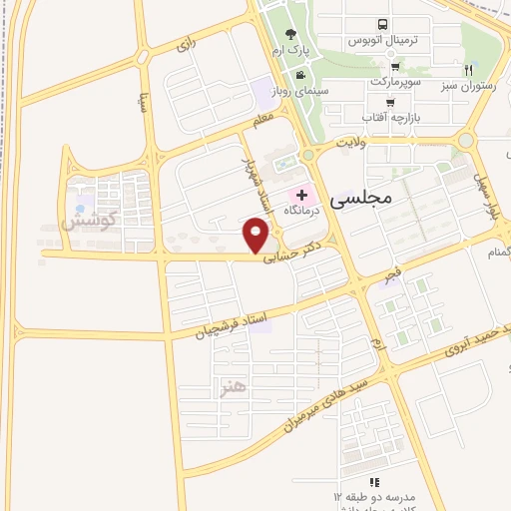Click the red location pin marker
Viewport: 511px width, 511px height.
tap(257, 237)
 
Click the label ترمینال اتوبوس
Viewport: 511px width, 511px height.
tap(380, 41)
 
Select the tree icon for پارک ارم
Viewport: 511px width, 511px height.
tap(290, 35)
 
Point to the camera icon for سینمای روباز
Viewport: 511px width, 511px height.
tap(299, 75)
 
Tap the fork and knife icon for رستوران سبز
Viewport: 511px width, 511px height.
tap(468, 70)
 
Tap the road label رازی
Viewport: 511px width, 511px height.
tap(186, 45)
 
